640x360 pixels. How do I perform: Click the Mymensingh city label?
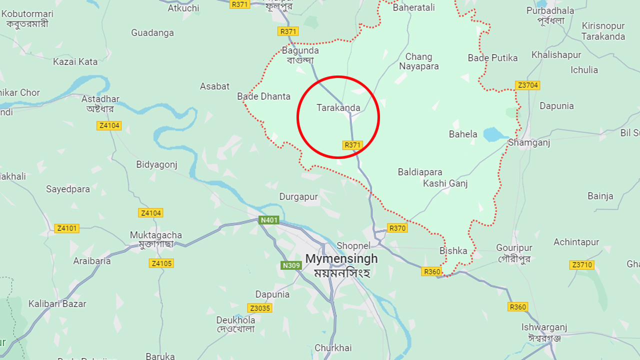point(341,259)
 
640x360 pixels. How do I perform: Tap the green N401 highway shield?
point(269,220)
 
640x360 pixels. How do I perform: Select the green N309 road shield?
point(291,265)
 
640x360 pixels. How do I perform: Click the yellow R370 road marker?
point(397,228)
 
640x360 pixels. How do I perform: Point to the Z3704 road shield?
point(527,85)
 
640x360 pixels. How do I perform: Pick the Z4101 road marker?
point(66,228)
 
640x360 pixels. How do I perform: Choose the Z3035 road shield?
point(260,308)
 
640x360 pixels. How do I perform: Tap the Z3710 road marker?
point(582,264)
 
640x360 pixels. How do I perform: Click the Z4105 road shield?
point(161,263)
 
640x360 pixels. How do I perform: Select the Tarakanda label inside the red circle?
point(338,107)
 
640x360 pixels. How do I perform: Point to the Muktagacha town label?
point(156,235)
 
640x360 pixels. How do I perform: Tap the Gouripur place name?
point(514,248)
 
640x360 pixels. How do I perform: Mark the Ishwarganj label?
point(544,327)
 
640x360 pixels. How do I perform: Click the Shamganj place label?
point(529,142)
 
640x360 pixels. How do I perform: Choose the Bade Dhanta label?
point(263,96)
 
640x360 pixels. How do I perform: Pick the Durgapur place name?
point(298,196)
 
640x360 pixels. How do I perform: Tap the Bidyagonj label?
point(157,164)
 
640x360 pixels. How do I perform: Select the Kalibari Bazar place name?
point(57,303)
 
